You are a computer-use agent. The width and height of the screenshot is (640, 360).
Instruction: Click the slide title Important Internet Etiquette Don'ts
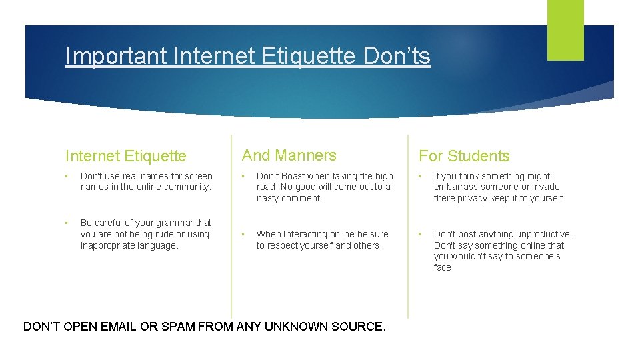click(248, 56)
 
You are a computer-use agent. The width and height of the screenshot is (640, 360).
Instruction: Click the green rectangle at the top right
click(565, 29)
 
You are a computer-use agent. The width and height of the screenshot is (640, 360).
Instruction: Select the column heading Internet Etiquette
click(126, 156)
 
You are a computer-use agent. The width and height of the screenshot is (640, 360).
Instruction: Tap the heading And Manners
click(289, 155)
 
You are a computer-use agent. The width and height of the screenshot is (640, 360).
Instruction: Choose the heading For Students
click(464, 156)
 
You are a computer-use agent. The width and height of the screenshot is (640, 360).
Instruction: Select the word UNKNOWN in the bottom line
click(297, 327)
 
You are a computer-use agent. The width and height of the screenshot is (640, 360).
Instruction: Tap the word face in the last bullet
click(443, 267)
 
